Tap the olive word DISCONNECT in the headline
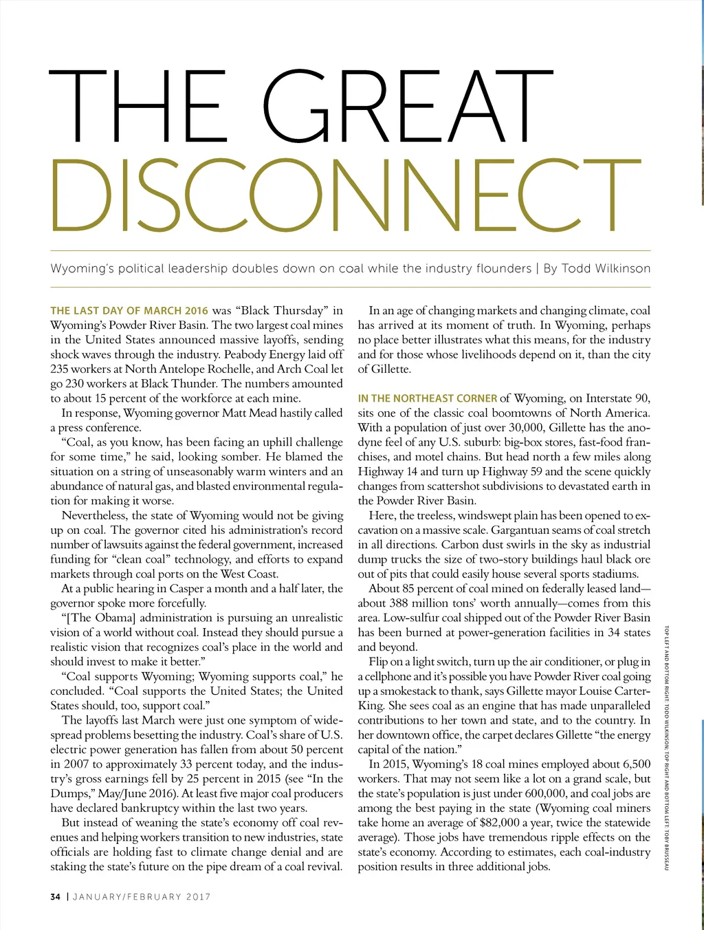(346, 197)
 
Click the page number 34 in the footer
(56, 896)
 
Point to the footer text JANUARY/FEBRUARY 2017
(142, 896)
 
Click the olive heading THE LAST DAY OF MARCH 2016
(129, 311)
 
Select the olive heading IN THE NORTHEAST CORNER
(427, 398)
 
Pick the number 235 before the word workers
(60, 369)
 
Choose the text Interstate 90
(617, 398)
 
